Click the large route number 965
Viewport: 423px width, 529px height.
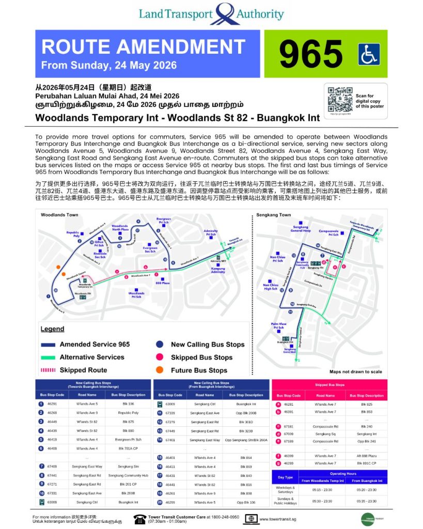(x=310, y=54)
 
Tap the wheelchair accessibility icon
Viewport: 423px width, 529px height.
(x=369, y=54)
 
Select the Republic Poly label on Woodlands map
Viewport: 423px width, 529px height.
(x=73, y=234)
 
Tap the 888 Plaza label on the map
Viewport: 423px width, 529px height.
(x=162, y=283)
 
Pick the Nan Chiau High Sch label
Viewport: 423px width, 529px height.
(x=271, y=287)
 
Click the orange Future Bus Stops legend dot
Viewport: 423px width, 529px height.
(x=160, y=370)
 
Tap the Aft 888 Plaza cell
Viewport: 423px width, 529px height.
(x=366, y=456)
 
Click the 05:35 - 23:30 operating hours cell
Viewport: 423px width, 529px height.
(x=366, y=501)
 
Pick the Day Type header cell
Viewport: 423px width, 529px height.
(x=285, y=477)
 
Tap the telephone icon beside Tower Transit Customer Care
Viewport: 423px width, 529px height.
(x=139, y=519)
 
